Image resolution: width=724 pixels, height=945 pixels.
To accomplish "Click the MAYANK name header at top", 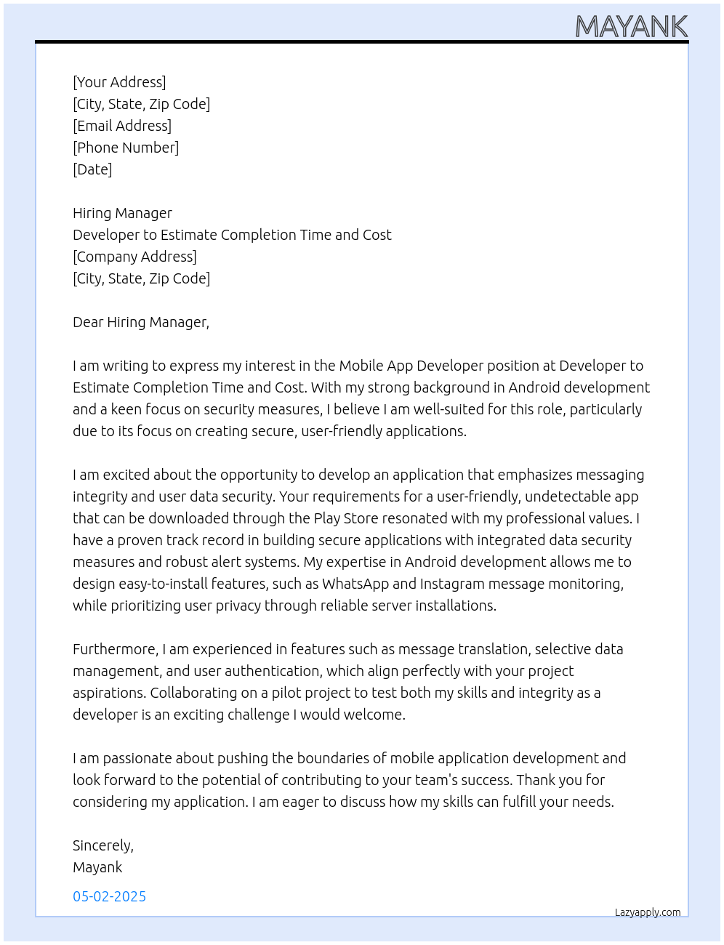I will tap(631, 27).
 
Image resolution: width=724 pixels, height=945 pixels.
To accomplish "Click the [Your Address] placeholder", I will tap(119, 82).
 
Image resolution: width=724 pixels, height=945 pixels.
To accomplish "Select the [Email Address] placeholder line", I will tap(122, 126).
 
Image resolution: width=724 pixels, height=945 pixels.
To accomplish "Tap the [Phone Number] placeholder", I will tap(126, 148).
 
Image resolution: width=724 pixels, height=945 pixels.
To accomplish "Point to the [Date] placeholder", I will tap(92, 169).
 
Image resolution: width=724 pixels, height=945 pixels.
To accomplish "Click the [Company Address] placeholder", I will tap(134, 257).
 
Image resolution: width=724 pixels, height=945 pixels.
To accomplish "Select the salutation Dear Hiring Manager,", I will tap(141, 322).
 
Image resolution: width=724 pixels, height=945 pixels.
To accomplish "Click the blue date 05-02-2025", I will tap(110, 896).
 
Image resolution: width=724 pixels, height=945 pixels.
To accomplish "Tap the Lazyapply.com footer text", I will tap(648, 912).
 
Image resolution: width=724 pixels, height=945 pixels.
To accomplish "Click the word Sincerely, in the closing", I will tap(103, 845).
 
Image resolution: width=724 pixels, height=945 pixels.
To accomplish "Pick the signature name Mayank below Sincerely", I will tap(97, 867).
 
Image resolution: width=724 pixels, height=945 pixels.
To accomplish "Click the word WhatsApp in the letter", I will tap(355, 584).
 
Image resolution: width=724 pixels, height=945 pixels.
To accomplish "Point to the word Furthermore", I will tap(115, 649).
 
